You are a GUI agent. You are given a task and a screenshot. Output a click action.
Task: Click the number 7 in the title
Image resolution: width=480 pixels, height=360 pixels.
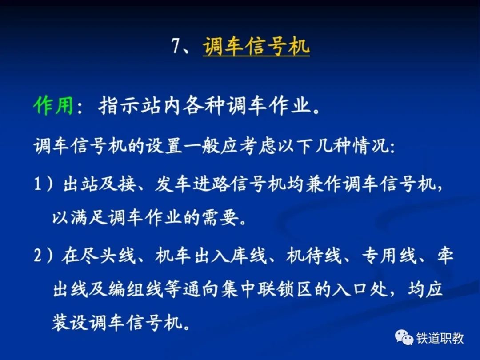pos(176,46)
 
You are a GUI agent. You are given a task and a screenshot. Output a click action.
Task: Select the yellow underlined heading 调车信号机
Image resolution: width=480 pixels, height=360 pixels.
pos(256,47)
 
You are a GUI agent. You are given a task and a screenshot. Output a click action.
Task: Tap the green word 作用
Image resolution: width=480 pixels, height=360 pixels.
pos(53,106)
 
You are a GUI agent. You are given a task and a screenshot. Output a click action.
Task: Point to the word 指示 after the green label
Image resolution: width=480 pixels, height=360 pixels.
pos(120,106)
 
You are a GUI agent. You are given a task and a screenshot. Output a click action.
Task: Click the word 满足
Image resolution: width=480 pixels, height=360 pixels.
pos(89,218)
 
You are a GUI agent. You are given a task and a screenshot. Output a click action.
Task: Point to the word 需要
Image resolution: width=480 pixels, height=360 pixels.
pos(220,218)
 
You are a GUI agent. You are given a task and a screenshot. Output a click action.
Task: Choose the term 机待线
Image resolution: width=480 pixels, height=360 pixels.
pos(314,255)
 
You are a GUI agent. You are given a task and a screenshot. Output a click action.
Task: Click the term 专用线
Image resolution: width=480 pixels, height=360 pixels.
pos(389,255)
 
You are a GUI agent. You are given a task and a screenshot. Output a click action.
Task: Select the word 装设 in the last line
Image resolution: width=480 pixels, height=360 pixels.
pos(70,323)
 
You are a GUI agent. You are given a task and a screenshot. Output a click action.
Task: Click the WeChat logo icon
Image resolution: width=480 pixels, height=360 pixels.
pos(404,338)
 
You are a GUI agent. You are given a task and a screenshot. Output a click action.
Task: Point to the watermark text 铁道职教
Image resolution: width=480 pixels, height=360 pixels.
pos(440,338)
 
